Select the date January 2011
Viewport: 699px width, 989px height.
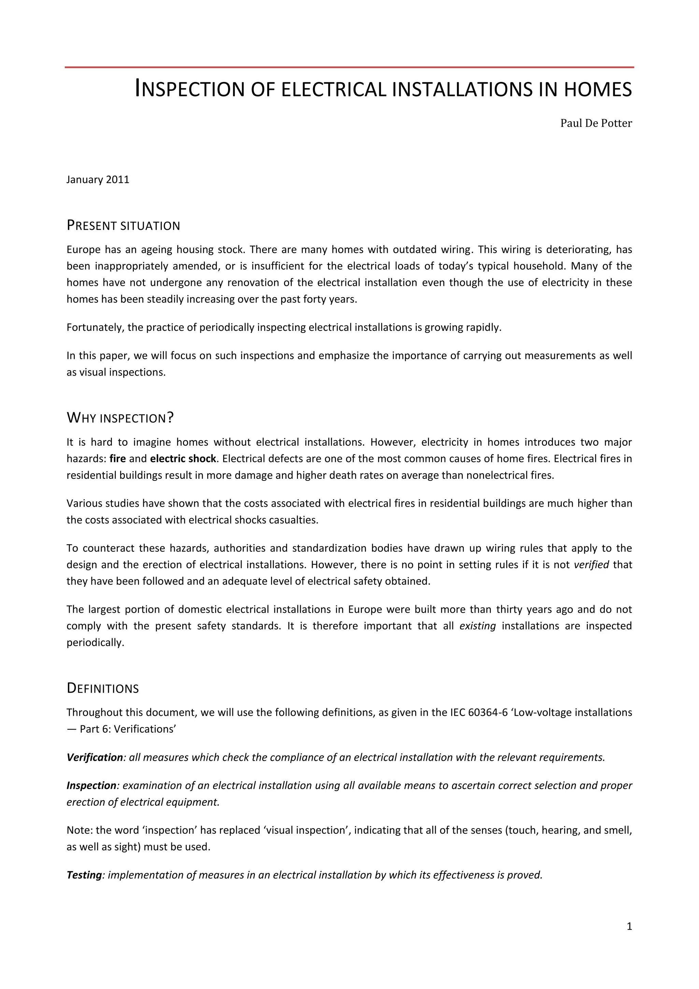(x=98, y=180)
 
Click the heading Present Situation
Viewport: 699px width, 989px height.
(x=123, y=225)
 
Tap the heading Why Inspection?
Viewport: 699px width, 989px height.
(x=120, y=417)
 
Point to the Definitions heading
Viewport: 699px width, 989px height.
(x=102, y=688)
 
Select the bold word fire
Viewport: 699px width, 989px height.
(x=117, y=459)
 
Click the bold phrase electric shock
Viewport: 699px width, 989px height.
(x=183, y=459)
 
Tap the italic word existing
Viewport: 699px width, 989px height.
(x=478, y=626)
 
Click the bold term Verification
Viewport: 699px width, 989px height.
(x=95, y=758)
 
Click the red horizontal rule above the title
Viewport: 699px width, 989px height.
(x=349, y=67)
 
